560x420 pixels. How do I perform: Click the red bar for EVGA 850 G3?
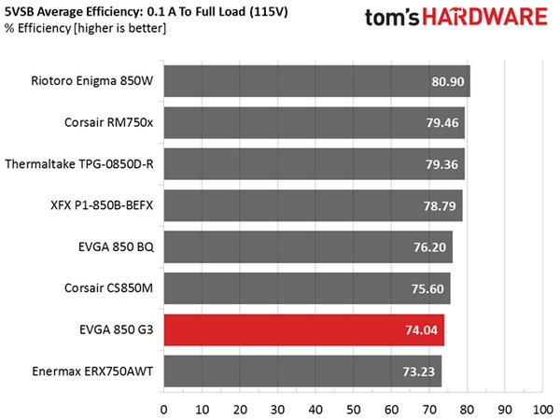click(x=303, y=329)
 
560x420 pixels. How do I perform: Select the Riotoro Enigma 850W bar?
click(x=316, y=81)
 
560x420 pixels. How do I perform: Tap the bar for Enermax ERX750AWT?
click(x=302, y=371)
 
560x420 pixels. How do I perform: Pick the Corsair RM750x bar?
click(x=314, y=122)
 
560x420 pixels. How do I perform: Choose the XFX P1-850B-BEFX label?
click(x=102, y=205)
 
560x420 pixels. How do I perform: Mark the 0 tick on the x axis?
click(x=164, y=409)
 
